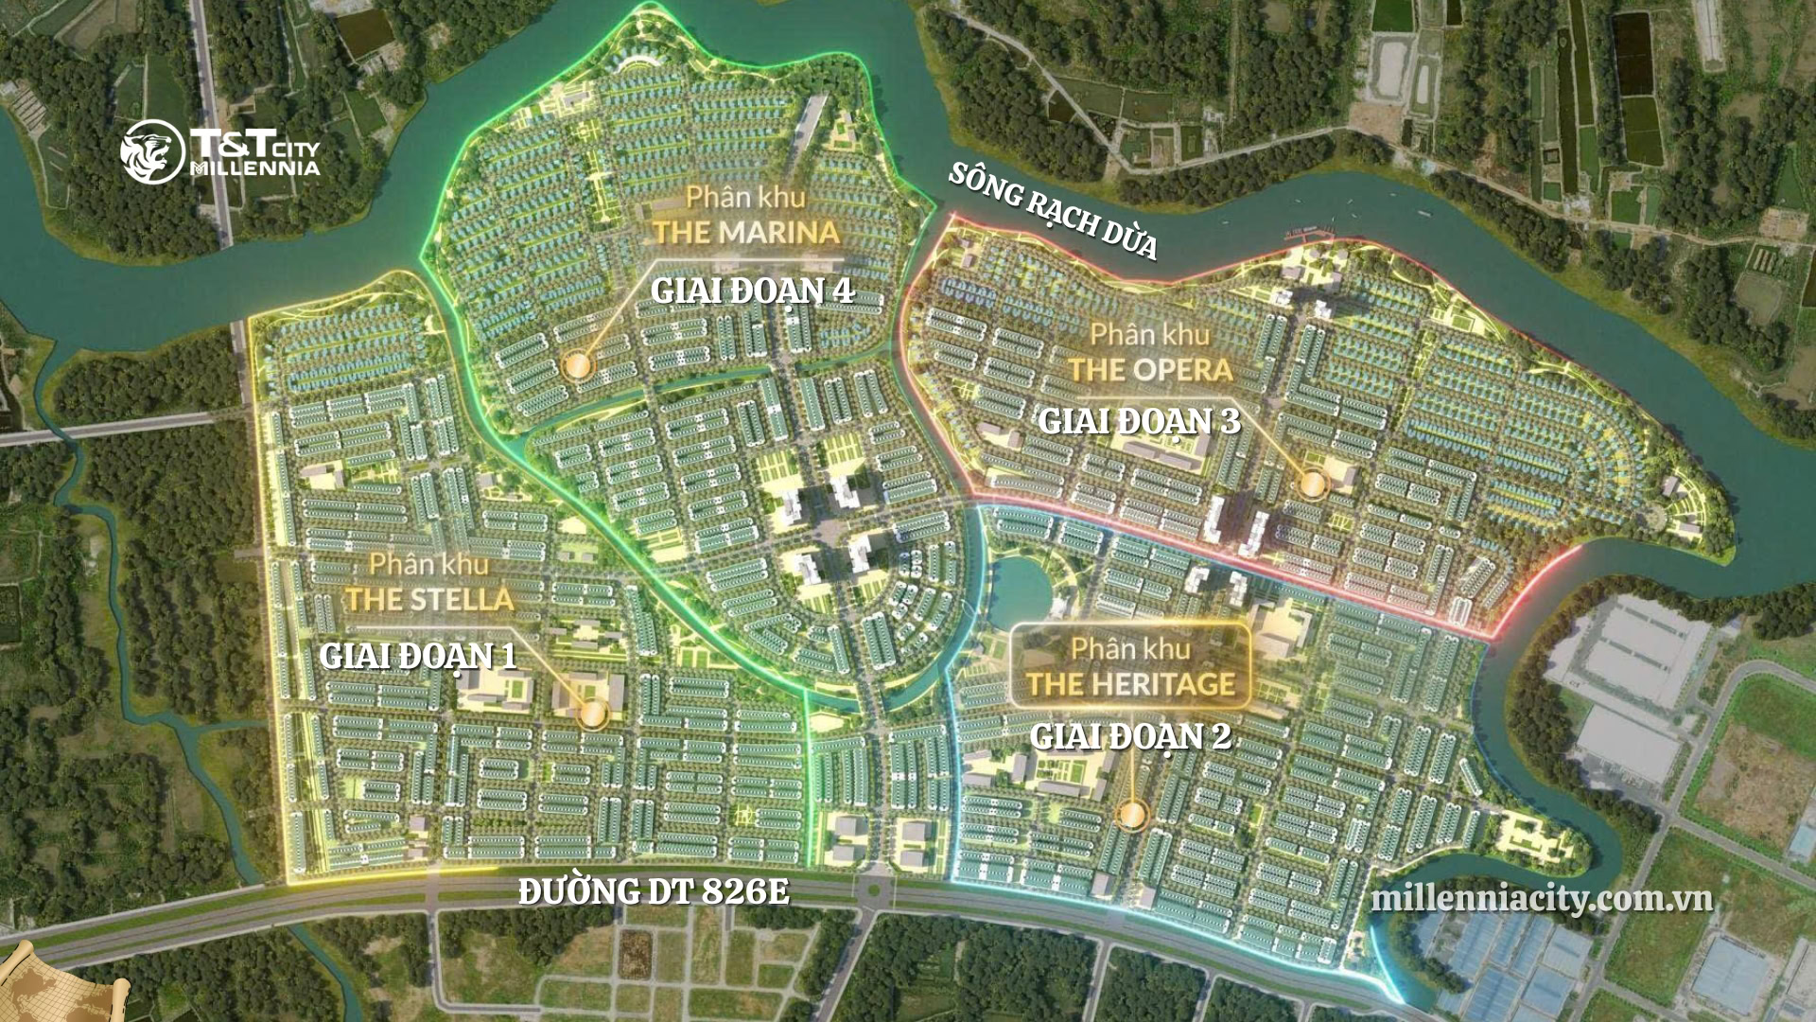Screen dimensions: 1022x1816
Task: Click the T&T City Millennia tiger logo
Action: tap(152, 151)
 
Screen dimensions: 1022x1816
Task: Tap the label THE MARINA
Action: tap(746, 232)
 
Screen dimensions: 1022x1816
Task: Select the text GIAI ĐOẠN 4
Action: tap(753, 291)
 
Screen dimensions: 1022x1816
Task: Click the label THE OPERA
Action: tap(1150, 369)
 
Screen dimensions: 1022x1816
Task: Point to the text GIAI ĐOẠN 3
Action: tap(1139, 421)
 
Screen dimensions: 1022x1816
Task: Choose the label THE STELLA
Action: tap(429, 599)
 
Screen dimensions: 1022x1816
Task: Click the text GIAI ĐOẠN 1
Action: tap(418, 656)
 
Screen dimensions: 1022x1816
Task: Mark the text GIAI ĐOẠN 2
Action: tap(1130, 736)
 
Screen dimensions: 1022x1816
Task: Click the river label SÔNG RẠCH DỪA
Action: tap(1053, 210)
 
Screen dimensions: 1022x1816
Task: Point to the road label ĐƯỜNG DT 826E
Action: tap(654, 891)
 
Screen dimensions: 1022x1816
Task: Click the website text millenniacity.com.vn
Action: tap(1542, 898)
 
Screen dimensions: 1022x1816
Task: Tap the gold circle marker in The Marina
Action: tap(575, 366)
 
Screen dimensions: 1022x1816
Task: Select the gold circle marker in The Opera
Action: tap(1313, 485)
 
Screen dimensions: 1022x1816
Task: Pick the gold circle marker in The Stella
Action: tap(593, 714)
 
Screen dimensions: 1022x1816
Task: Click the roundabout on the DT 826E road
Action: tap(872, 889)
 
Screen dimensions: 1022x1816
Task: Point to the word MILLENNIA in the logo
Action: tap(255, 168)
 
